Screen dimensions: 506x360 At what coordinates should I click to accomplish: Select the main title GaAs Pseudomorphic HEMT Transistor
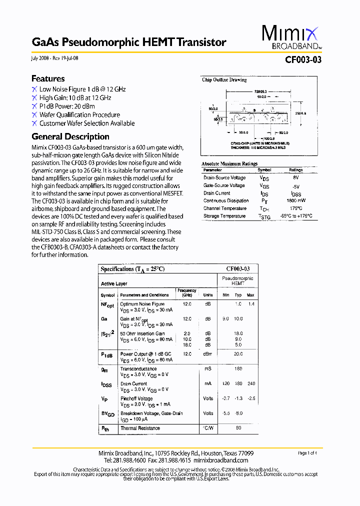[129, 42]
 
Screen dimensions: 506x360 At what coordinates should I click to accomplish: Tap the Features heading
[48, 78]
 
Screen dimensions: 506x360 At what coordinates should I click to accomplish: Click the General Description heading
[70, 136]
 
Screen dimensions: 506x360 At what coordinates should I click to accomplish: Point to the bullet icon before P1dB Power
[34, 106]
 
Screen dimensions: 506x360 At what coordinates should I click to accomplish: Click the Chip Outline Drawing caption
[224, 80]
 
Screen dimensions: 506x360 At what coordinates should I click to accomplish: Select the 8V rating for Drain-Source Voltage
[295, 177]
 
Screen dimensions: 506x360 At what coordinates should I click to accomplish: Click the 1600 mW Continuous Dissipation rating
[295, 200]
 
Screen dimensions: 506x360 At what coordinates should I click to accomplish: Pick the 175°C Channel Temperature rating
[295, 208]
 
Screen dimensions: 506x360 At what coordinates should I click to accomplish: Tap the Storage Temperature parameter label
[224, 216]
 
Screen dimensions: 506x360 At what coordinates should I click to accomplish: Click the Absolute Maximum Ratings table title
[229, 163]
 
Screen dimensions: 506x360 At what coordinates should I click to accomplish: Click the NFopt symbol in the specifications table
[107, 304]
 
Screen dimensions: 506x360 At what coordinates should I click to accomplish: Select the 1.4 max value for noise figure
[251, 304]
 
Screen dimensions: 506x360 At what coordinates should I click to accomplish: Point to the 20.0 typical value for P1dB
[238, 353]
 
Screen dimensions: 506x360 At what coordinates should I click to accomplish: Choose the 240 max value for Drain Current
[251, 383]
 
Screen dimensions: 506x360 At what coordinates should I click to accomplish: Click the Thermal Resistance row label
[140, 428]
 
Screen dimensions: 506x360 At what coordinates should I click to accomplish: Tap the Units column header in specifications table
[208, 295]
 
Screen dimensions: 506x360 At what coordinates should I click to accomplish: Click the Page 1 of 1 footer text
[307, 453]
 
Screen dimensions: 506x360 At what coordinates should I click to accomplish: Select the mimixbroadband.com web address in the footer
[220, 460]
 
